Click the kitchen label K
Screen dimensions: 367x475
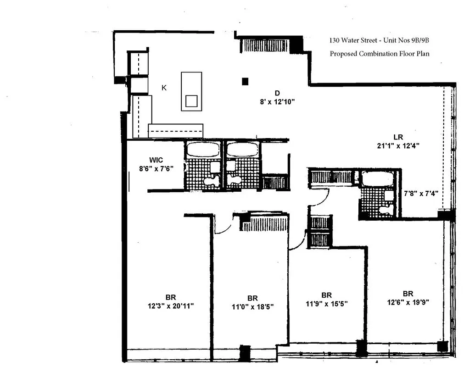[x=164, y=88]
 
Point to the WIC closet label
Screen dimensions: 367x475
[x=156, y=160]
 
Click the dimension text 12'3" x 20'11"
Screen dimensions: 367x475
[x=171, y=306]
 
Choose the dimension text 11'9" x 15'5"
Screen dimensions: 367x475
[x=327, y=304]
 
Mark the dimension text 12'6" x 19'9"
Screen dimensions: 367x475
[x=408, y=302]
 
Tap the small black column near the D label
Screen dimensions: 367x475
[x=246, y=82]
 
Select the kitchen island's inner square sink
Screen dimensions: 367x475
[x=191, y=100]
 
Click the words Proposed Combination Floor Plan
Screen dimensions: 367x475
[x=380, y=54]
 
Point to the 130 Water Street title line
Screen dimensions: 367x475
[x=379, y=40]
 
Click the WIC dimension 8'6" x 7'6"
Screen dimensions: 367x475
[x=156, y=168]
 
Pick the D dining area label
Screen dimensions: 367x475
[x=277, y=93]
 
